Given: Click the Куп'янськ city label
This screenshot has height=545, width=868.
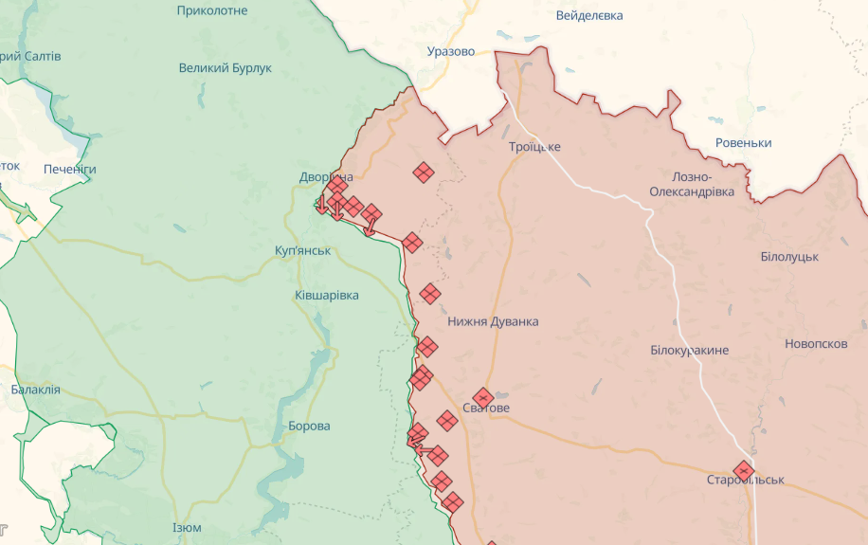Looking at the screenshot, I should pyautogui.click(x=303, y=250).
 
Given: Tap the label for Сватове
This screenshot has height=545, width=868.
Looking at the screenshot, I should pyautogui.click(x=486, y=409).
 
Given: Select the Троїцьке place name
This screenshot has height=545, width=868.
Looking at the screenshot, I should pyautogui.click(x=534, y=147).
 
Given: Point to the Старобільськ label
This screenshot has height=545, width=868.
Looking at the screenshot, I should pyautogui.click(x=746, y=481).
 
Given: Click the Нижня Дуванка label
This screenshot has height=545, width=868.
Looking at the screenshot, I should pyautogui.click(x=493, y=321).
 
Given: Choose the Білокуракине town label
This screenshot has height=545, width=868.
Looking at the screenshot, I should pyautogui.click(x=690, y=351).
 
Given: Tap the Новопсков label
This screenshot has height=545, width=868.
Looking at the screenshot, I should pyautogui.click(x=816, y=344).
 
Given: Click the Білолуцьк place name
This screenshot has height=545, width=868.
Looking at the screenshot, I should pyautogui.click(x=789, y=257).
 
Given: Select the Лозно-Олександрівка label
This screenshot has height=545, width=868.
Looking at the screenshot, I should pyautogui.click(x=692, y=185).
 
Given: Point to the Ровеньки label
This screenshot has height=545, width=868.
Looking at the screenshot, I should pyautogui.click(x=743, y=143).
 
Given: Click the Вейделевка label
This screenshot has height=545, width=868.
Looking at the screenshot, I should pyautogui.click(x=589, y=16).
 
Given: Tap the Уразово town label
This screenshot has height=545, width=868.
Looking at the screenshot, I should pyautogui.click(x=451, y=51).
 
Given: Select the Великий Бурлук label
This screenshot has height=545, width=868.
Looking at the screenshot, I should pyautogui.click(x=226, y=68).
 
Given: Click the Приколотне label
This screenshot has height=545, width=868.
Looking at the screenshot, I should pyautogui.click(x=212, y=10).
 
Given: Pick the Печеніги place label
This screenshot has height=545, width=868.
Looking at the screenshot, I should pyautogui.click(x=70, y=170).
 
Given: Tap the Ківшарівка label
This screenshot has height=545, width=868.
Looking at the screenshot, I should pyautogui.click(x=327, y=296).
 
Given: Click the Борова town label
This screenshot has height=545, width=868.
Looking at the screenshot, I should pyautogui.click(x=309, y=427).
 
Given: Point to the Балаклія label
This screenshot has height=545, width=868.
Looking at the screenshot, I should pyautogui.click(x=36, y=390).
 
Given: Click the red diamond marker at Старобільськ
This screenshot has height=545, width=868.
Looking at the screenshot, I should pyautogui.click(x=744, y=470).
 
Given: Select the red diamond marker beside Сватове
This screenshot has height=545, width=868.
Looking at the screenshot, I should pyautogui.click(x=483, y=396).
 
